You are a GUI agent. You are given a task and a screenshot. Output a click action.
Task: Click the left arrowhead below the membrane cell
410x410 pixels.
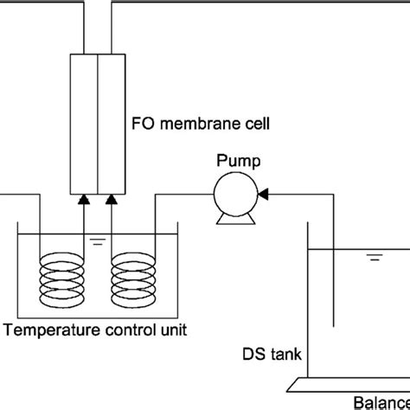[84, 201]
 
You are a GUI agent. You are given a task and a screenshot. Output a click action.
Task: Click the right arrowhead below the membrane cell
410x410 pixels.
[112, 201]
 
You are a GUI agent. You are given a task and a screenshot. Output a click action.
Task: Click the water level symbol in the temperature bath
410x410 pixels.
[102, 240]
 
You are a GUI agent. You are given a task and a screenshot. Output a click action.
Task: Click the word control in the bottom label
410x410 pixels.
[125, 330]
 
